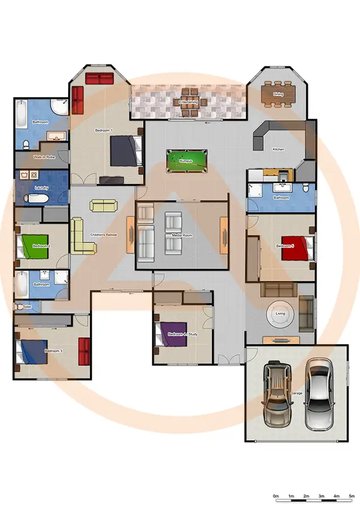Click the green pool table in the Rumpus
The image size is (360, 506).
[187, 161]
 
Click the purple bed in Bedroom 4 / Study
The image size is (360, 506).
[167, 334]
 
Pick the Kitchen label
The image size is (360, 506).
[278, 150]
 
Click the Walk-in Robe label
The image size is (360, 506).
[44, 157]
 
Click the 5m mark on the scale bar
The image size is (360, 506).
[352, 497]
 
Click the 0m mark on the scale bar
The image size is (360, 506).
[276, 497]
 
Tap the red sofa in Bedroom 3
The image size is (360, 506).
[84, 351]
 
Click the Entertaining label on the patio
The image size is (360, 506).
[188, 102]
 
